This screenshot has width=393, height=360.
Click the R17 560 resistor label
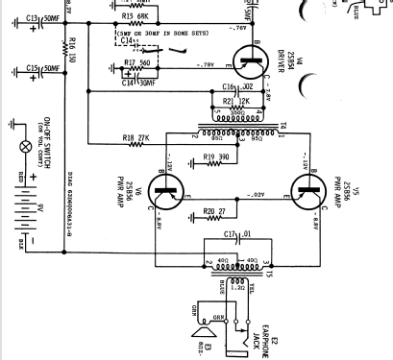point(137,62)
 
